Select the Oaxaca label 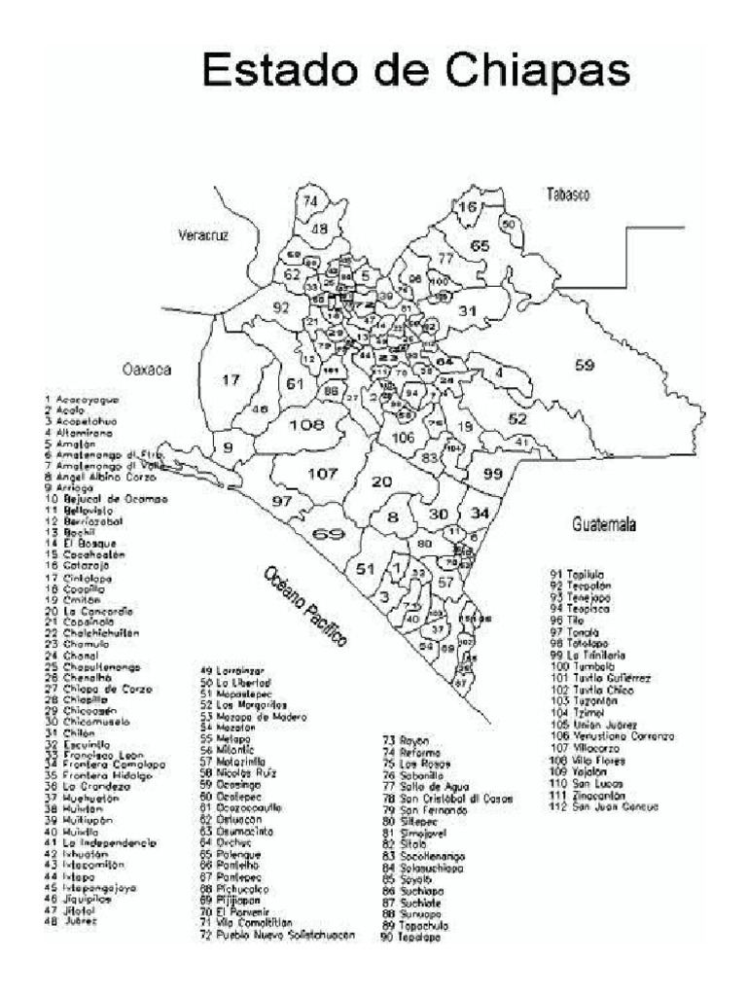pyautogui.click(x=147, y=369)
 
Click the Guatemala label pyautogui.click(x=604, y=525)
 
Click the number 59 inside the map pyautogui.click(x=584, y=367)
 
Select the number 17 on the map pyautogui.click(x=230, y=380)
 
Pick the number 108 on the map pyautogui.click(x=306, y=425)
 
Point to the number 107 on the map pyautogui.click(x=322, y=474)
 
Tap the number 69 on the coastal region pyautogui.click(x=330, y=534)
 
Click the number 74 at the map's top pyautogui.click(x=310, y=201)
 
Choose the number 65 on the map pyautogui.click(x=480, y=246)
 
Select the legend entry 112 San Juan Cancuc pyautogui.click(x=603, y=806)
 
